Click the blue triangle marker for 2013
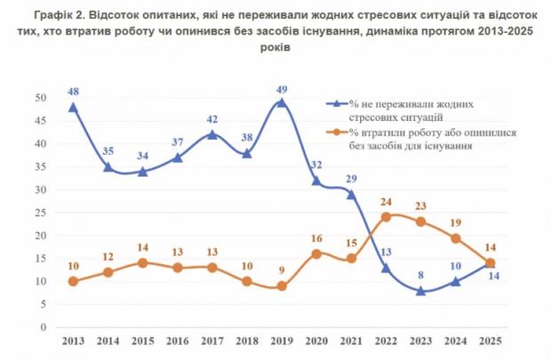click(73, 108)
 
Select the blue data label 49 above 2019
click(282, 90)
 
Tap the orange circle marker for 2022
click(386, 217)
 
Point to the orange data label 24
click(386, 203)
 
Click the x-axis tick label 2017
click(212, 341)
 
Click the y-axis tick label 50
click(40, 98)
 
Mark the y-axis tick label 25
click(40, 212)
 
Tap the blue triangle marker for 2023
click(420, 290)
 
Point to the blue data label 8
click(419, 275)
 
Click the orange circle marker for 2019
click(282, 286)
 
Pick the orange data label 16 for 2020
click(316, 238)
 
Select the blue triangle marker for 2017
click(212, 135)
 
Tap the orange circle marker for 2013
click(73, 282)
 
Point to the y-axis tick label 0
click(43, 327)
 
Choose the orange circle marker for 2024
click(456, 239)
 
